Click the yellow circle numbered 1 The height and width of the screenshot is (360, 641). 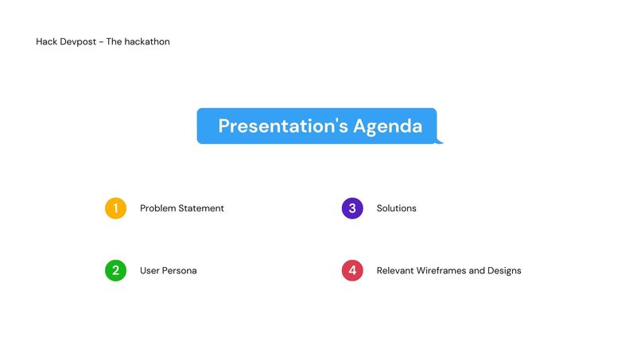115,208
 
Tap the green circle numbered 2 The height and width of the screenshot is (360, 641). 115,270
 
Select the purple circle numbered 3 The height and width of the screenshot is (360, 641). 352,208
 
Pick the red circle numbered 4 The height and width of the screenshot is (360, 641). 352,270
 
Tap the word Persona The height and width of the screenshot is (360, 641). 180,270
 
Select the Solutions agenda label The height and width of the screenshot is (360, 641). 396,208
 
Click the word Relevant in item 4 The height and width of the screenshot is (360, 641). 395,270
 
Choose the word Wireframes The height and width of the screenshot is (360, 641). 441,270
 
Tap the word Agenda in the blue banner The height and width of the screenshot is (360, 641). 388,126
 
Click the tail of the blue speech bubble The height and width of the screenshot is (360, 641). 439,141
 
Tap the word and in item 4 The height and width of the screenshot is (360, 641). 477,270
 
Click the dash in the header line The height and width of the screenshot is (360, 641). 101,41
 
